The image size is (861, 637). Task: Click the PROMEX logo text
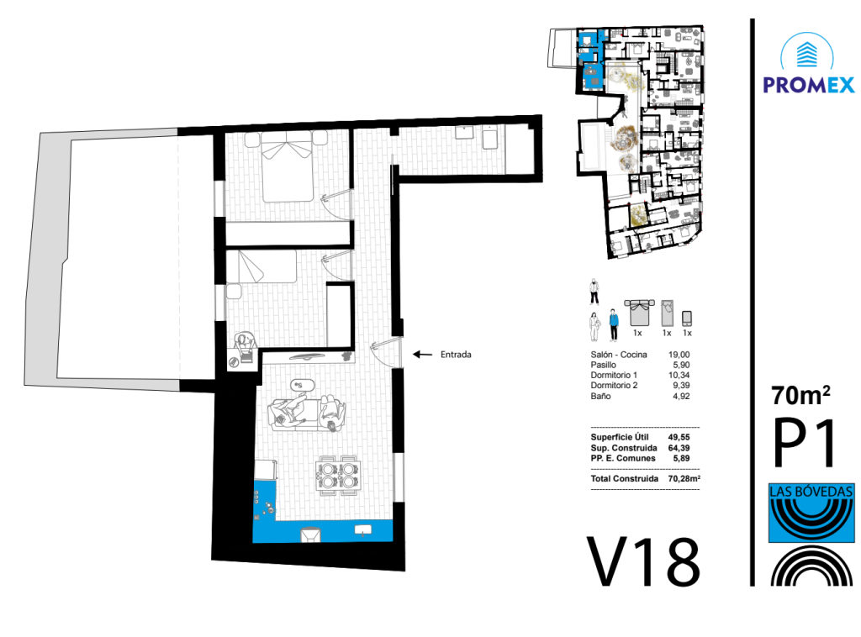pos(808,85)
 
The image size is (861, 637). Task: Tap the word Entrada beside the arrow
pos(456,355)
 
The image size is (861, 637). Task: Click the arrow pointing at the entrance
pos(422,355)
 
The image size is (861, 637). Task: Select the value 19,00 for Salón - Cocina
pos(679,355)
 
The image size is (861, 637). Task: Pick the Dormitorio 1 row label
pos(614,376)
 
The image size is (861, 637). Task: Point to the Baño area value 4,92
pos(681,396)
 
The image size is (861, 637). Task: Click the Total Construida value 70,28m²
pos(684,478)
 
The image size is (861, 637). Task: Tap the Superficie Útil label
pos(620,437)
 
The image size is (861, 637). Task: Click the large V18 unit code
pos(643,561)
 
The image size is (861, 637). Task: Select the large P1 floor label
pos(805,442)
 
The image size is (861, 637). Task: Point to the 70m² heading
pos(800,395)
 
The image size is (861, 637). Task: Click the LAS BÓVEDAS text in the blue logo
pos(811,491)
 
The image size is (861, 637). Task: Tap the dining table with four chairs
pos(338,476)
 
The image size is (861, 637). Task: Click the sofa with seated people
pos(307,413)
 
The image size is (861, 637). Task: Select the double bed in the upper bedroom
pos(287,166)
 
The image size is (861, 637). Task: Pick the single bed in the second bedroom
pos(262,266)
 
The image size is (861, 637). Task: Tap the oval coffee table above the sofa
pos(303,385)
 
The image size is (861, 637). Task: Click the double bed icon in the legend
pos(640,312)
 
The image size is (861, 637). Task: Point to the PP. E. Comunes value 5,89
pos(681,458)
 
